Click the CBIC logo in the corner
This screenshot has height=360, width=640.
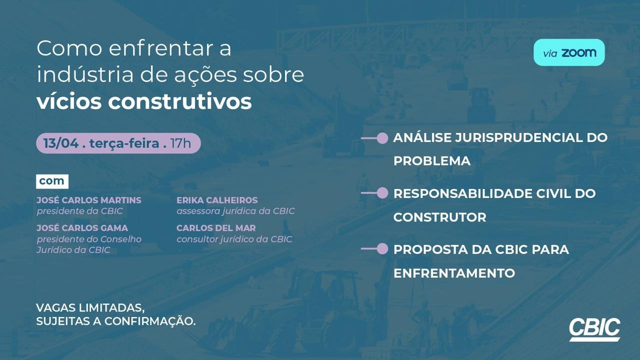pyautogui.click(x=594, y=329)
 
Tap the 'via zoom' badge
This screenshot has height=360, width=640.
pyautogui.click(x=569, y=52)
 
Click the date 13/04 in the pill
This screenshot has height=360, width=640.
pyautogui.click(x=61, y=143)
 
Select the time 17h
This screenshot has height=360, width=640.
pyautogui.click(x=180, y=143)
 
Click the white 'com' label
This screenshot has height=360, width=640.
pyautogui.click(x=52, y=181)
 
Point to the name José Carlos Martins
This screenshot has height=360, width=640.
pyautogui.click(x=89, y=200)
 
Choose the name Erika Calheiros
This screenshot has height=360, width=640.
pyautogui.click(x=217, y=200)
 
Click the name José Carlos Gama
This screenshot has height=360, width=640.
pyautogui.click(x=82, y=228)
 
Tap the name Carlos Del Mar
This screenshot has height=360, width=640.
pyautogui.click(x=216, y=228)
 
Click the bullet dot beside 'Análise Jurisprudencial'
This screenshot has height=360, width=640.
pyautogui.click(x=382, y=138)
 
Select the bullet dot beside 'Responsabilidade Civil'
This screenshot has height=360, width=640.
pyautogui.click(x=382, y=193)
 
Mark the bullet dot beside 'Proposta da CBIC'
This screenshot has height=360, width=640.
pyautogui.click(x=382, y=249)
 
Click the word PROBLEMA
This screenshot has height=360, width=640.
pyautogui.click(x=432, y=161)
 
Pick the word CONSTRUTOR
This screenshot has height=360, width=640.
pyautogui.click(x=439, y=217)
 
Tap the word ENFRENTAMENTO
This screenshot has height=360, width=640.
pyautogui.click(x=454, y=273)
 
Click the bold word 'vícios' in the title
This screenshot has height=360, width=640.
pyautogui.click(x=69, y=101)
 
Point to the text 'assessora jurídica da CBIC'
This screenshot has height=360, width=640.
pyautogui.click(x=235, y=211)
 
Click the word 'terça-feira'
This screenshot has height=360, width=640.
pyautogui.click(x=124, y=143)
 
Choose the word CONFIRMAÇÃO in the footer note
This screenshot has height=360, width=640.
pyautogui.click(x=150, y=321)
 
